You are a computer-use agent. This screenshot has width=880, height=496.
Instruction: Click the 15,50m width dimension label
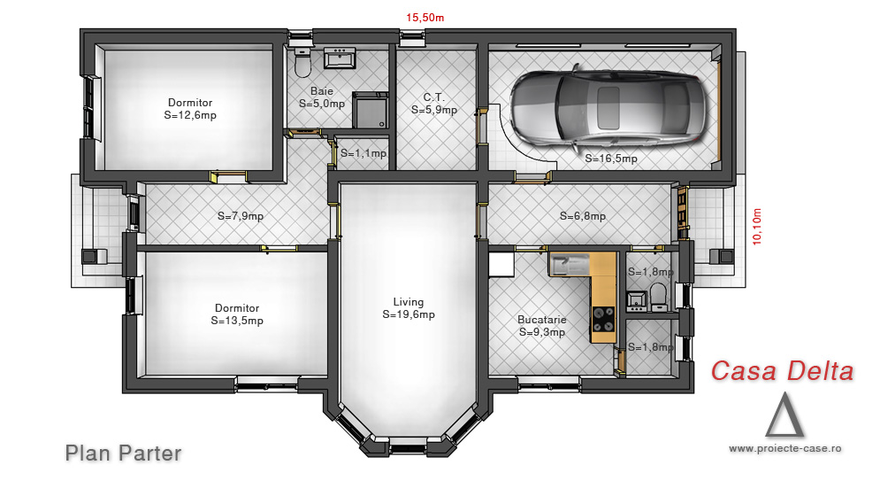[x=425, y=18]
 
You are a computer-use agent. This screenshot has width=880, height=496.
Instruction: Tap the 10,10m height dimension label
[x=757, y=227]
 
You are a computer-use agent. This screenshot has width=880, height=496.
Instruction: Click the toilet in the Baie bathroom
[x=302, y=63]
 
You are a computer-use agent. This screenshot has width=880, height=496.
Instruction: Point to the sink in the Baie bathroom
[x=340, y=58]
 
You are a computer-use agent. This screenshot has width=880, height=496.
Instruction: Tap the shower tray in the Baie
[x=370, y=111]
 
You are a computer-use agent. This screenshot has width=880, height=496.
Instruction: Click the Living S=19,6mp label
[x=409, y=308]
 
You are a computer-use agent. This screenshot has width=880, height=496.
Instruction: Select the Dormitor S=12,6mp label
[x=190, y=109]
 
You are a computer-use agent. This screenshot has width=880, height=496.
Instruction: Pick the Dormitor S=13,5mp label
[x=237, y=314]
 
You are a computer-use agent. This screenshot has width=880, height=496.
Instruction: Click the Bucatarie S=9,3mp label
[x=541, y=326]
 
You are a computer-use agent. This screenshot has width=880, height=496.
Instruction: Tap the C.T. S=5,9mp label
[x=434, y=104]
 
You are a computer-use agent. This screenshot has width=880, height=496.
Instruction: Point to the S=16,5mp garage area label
[x=611, y=159]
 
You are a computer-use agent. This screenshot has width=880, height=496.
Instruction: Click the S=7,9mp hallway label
[x=241, y=216]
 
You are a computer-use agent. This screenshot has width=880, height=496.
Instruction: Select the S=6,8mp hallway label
[x=583, y=216]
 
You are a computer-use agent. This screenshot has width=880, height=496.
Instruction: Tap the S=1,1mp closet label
[x=363, y=153]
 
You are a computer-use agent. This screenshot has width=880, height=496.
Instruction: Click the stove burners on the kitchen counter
[x=603, y=320]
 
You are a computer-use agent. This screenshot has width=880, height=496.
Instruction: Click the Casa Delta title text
[x=783, y=371]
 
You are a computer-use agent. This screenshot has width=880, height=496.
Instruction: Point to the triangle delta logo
[x=784, y=415]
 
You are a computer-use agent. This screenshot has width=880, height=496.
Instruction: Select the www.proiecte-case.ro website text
[x=785, y=448]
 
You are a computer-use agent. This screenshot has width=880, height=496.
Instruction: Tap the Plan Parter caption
[x=124, y=453]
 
